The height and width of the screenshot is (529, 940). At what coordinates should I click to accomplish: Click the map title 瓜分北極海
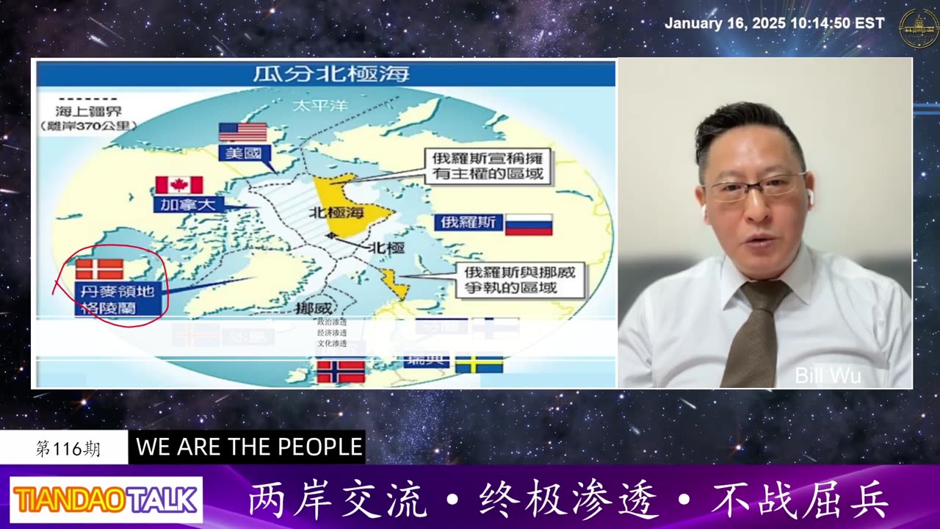(331, 74)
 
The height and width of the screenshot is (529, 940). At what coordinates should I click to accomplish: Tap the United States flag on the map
(243, 132)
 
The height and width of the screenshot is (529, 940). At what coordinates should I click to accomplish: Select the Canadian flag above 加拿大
(179, 185)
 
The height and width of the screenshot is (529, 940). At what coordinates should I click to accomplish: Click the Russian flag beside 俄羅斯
(529, 224)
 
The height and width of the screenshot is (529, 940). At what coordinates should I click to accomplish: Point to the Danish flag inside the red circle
(99, 269)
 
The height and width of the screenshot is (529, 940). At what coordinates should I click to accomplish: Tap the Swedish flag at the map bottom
(479, 364)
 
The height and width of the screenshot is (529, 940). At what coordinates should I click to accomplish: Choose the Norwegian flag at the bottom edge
(341, 371)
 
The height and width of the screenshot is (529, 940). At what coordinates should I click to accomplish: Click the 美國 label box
(245, 154)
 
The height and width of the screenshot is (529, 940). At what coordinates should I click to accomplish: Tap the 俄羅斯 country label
(469, 223)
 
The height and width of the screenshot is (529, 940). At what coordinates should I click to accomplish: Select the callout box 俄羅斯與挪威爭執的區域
(519, 279)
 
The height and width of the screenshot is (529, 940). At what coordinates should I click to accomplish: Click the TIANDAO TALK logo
(106, 500)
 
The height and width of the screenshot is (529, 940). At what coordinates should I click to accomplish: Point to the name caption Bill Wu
(828, 376)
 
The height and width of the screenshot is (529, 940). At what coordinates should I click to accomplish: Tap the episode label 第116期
(68, 449)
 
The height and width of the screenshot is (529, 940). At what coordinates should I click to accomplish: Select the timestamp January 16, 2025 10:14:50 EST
(774, 24)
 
